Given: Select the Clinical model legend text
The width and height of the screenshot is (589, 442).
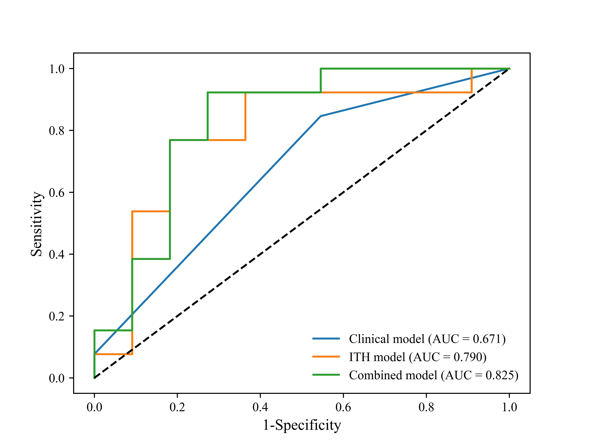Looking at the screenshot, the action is pos(427,339).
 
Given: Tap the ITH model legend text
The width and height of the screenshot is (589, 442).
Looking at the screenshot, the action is pos(418,357).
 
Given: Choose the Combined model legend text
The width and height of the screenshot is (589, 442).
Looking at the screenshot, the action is pos(433,375).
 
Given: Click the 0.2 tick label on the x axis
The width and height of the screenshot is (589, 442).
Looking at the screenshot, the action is pos(177,407).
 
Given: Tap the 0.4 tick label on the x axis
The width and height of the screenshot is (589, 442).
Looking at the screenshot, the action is pos(260,407).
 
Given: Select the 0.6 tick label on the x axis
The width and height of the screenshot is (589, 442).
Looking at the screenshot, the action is pos(343,407).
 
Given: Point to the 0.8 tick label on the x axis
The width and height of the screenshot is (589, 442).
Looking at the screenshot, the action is pos(426,407).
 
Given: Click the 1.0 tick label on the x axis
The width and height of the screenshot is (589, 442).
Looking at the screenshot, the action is pos(509,407).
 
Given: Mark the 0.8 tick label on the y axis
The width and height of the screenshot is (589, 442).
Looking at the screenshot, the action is pos(57,130).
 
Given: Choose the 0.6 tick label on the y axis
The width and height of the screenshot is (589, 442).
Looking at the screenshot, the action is pos(57,192).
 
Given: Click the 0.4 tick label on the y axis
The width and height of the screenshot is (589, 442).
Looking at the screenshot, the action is pos(57,254).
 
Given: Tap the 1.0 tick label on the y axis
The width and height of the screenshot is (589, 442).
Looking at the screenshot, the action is pos(57,69).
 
